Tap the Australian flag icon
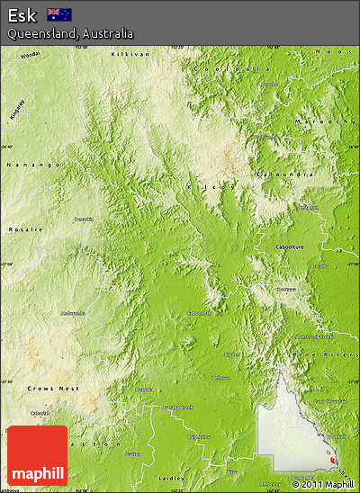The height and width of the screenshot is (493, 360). point(59,14)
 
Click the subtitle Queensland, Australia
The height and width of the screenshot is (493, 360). point(70,33)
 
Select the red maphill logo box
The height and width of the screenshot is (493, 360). point(37,455)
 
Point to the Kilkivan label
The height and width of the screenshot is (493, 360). point(127,55)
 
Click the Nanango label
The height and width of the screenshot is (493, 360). point(34,165)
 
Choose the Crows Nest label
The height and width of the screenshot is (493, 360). point(53,388)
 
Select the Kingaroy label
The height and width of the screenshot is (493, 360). point(16,109)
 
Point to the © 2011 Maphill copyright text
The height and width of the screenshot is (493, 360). point(324,484)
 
